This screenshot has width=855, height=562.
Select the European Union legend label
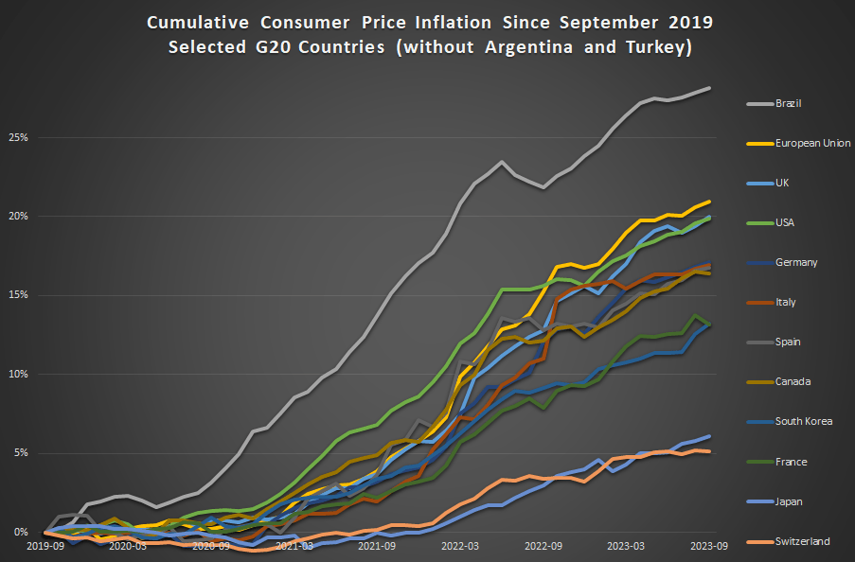pos(812,143)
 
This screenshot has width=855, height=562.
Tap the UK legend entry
pos(782,183)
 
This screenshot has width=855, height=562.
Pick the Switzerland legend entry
pos(802,541)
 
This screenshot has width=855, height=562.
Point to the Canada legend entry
pos(793,381)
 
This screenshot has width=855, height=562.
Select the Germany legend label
pos(796,262)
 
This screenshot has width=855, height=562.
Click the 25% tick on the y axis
pos(18,137)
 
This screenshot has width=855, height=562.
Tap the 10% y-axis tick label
pos(18,375)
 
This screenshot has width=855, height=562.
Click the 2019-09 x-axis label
pos(45,546)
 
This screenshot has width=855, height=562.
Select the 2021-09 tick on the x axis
pos(378,546)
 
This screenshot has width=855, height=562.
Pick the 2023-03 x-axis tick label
pos(627,546)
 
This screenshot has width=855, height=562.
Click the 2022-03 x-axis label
pos(461,546)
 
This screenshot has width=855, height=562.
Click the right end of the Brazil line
pos(710,88)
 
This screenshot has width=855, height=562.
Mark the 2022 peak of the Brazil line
pos(502,162)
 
